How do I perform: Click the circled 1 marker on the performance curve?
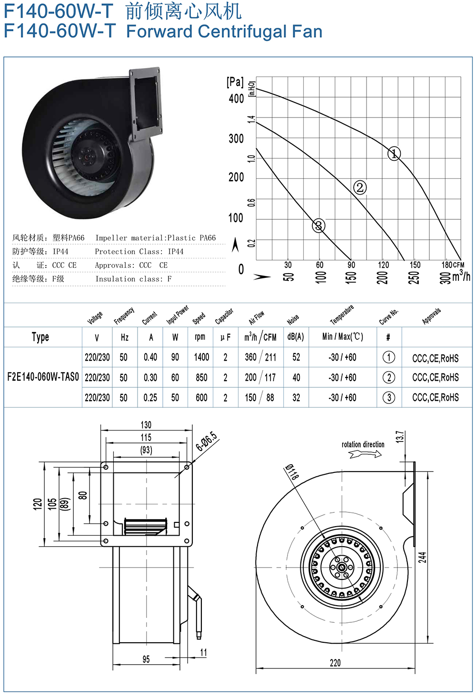394,153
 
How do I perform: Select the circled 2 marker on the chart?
360,187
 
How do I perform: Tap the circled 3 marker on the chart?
318,226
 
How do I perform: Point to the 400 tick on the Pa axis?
236,98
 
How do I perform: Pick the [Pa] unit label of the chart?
235,82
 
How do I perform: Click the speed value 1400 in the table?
201,357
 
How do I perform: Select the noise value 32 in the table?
296,397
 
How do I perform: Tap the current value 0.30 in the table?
150,377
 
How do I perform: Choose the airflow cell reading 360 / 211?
260,357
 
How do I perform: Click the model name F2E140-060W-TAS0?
43,377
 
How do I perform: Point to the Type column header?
40,337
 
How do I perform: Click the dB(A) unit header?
296,337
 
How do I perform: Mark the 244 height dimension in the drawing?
422,557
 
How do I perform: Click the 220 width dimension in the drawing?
335,663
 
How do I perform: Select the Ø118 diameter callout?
292,471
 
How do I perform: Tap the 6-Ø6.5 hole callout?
206,441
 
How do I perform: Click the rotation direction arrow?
365,455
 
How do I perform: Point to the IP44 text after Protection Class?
176,251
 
